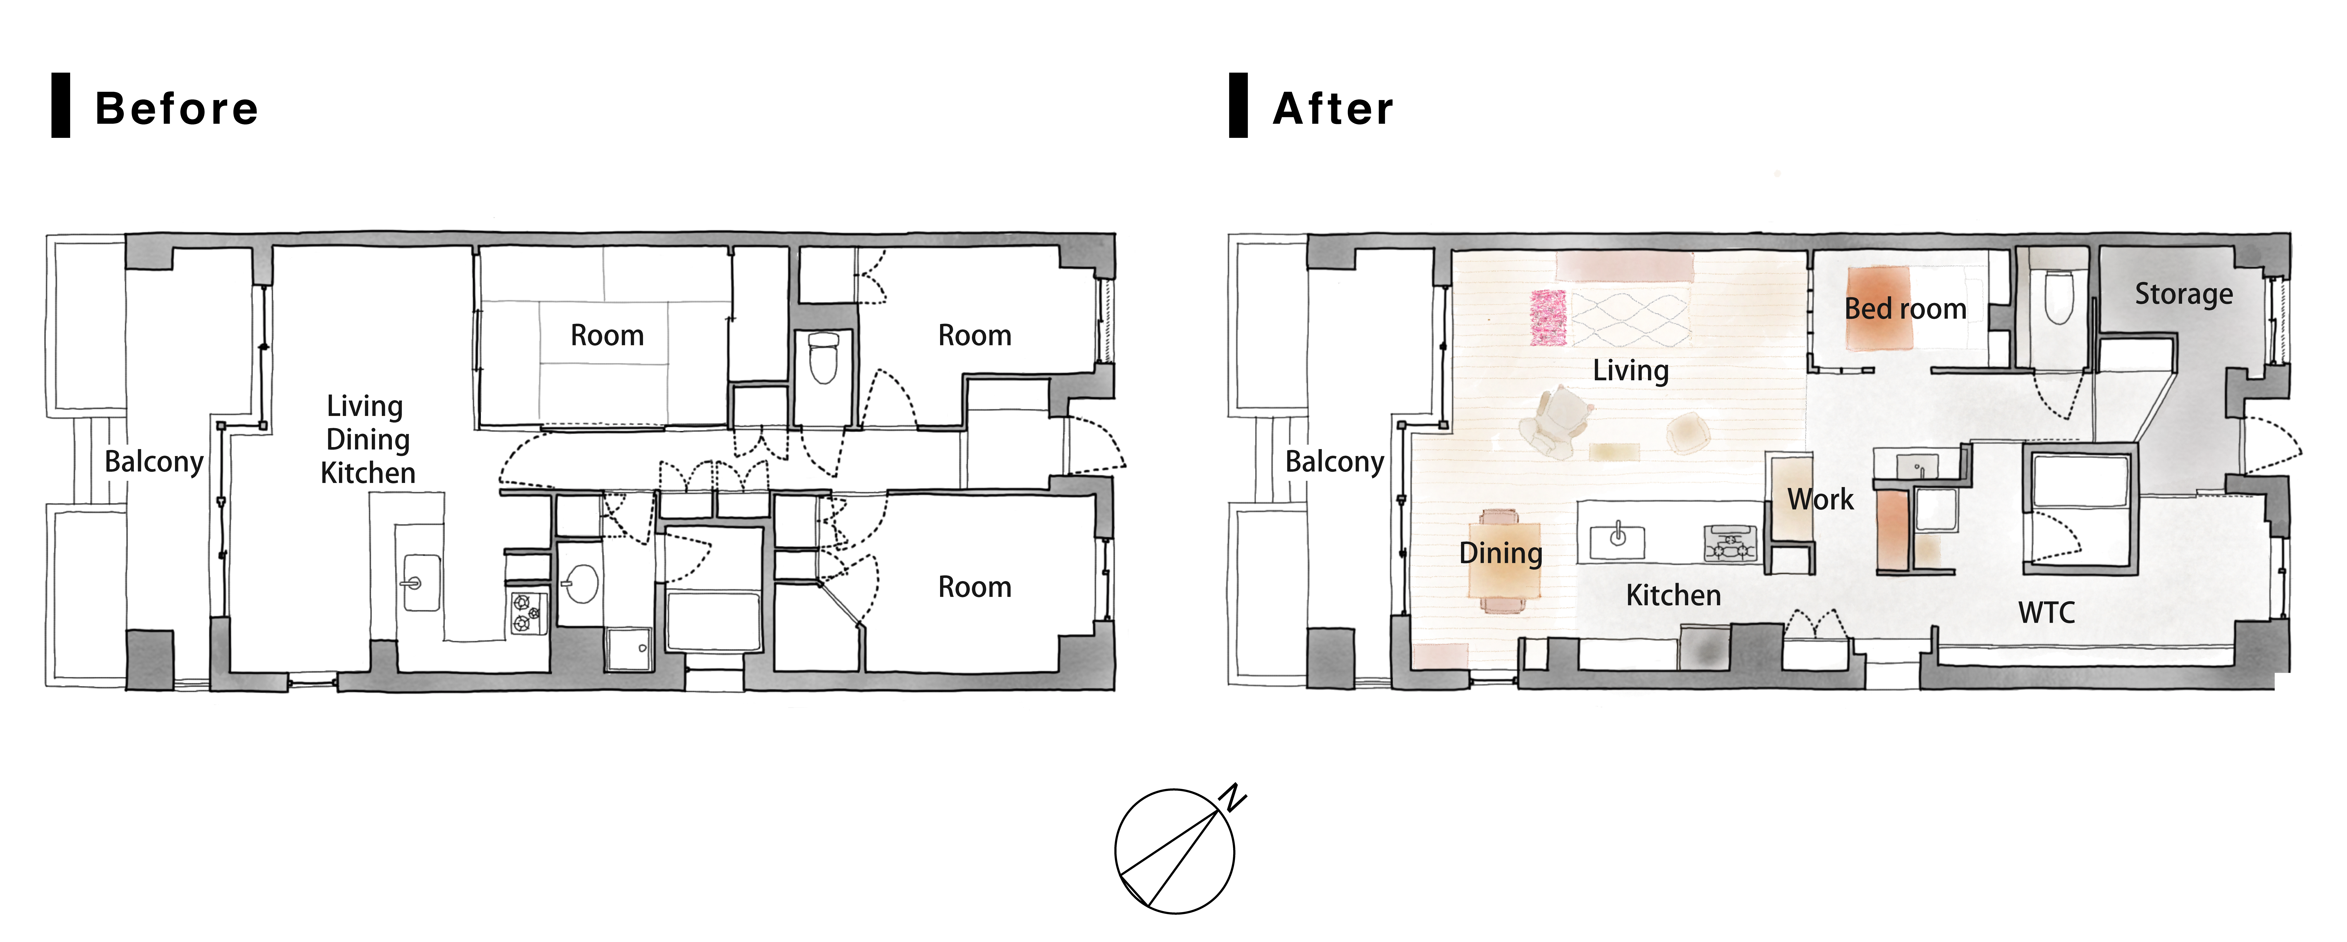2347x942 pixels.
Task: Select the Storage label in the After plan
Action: pyautogui.click(x=2184, y=294)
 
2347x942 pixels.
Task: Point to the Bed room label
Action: pyautogui.click(x=1905, y=309)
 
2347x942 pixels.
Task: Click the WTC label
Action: pyautogui.click(x=2046, y=612)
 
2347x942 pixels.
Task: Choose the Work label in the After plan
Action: pyautogui.click(x=1820, y=499)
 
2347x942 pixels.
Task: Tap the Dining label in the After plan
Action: pyautogui.click(x=1501, y=553)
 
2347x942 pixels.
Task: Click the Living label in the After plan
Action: pyautogui.click(x=1631, y=371)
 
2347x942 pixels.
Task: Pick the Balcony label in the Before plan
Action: pyautogui.click(x=154, y=462)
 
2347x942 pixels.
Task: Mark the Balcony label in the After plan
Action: pyautogui.click(x=1335, y=462)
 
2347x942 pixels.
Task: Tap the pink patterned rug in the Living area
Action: pyautogui.click(x=1548, y=318)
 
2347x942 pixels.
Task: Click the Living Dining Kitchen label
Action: pyautogui.click(x=367, y=439)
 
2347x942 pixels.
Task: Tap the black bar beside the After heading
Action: pyautogui.click(x=1238, y=106)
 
